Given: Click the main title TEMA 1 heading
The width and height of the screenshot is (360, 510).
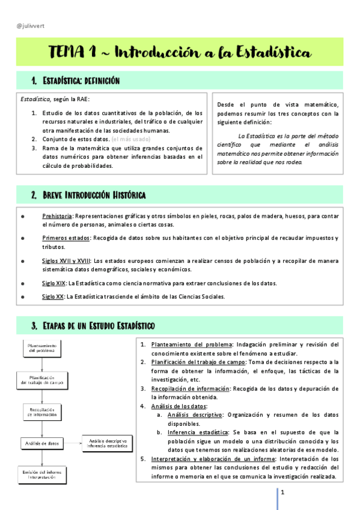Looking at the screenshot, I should [x=180, y=53].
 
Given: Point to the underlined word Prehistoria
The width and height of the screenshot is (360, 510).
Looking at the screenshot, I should [x=57, y=216].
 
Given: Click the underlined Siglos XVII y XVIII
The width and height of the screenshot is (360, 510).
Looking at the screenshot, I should [x=66, y=261].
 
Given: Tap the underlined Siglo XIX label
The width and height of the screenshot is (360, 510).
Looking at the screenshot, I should [x=53, y=283].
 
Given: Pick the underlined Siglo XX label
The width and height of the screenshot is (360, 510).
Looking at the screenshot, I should [x=53, y=296].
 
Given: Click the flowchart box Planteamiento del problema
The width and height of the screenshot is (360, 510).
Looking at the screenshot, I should [x=42, y=349].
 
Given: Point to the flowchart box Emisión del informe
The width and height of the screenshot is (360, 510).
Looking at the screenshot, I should [x=42, y=475].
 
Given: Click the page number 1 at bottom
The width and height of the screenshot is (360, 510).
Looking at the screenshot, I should [x=282, y=493].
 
